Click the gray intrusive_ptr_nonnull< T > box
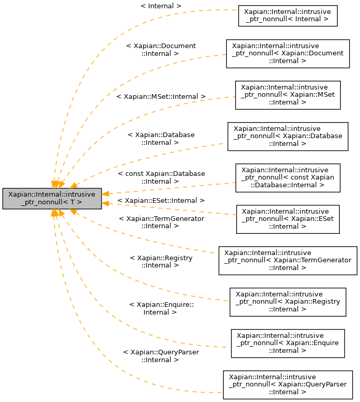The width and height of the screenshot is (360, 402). (x=52, y=199)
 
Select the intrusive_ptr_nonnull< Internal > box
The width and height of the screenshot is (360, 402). (x=287, y=16)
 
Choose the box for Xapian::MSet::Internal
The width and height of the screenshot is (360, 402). (x=287, y=95)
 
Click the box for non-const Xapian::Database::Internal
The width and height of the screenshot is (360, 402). (x=287, y=136)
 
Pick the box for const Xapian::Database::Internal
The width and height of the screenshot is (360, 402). (x=287, y=177)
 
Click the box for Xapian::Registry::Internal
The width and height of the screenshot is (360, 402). (x=287, y=302)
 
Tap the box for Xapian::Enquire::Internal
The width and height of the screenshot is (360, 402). (x=287, y=343)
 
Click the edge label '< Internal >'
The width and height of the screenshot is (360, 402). (x=161, y=6)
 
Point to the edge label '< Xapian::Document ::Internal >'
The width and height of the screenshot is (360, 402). (x=161, y=50)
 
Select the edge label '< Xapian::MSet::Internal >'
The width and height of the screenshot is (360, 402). (x=161, y=97)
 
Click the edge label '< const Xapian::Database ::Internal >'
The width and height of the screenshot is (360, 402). (x=161, y=177)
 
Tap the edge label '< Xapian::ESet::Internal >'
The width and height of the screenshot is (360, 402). (x=161, y=200)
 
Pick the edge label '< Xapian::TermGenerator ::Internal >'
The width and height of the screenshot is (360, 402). (x=161, y=222)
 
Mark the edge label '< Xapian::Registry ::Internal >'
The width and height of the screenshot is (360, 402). (x=161, y=261)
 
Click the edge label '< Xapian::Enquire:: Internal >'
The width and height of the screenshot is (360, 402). (x=161, y=308)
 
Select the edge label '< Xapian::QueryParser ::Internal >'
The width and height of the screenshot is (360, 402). (x=161, y=355)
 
